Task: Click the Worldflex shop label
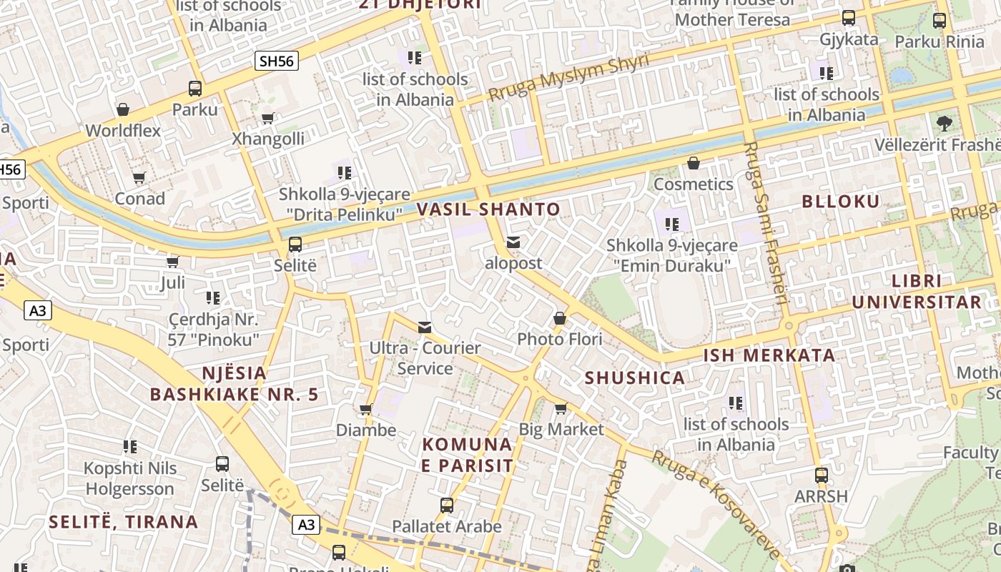pyautogui.click(x=123, y=131)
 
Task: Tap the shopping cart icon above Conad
pyautogui.click(x=139, y=177)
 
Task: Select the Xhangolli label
pyautogui.click(x=268, y=139)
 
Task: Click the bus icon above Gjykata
pyautogui.click(x=849, y=18)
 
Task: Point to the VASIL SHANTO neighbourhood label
pyautogui.click(x=488, y=209)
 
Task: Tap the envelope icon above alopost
pyautogui.click(x=513, y=242)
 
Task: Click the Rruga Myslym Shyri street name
pyautogui.click(x=568, y=77)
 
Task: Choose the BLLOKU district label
pyautogui.click(x=841, y=202)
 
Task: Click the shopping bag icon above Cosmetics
pyautogui.click(x=693, y=163)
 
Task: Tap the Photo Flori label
pyautogui.click(x=560, y=339)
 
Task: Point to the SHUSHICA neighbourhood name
pyautogui.click(x=635, y=378)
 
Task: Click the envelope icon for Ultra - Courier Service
pyautogui.click(x=425, y=327)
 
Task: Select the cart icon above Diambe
pyautogui.click(x=366, y=410)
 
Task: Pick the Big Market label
pyautogui.click(x=561, y=430)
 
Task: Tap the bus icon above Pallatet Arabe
pyautogui.click(x=447, y=506)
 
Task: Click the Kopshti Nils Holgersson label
pyautogui.click(x=129, y=479)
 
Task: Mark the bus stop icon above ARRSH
pyautogui.click(x=822, y=475)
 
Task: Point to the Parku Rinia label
pyautogui.click(x=940, y=41)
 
